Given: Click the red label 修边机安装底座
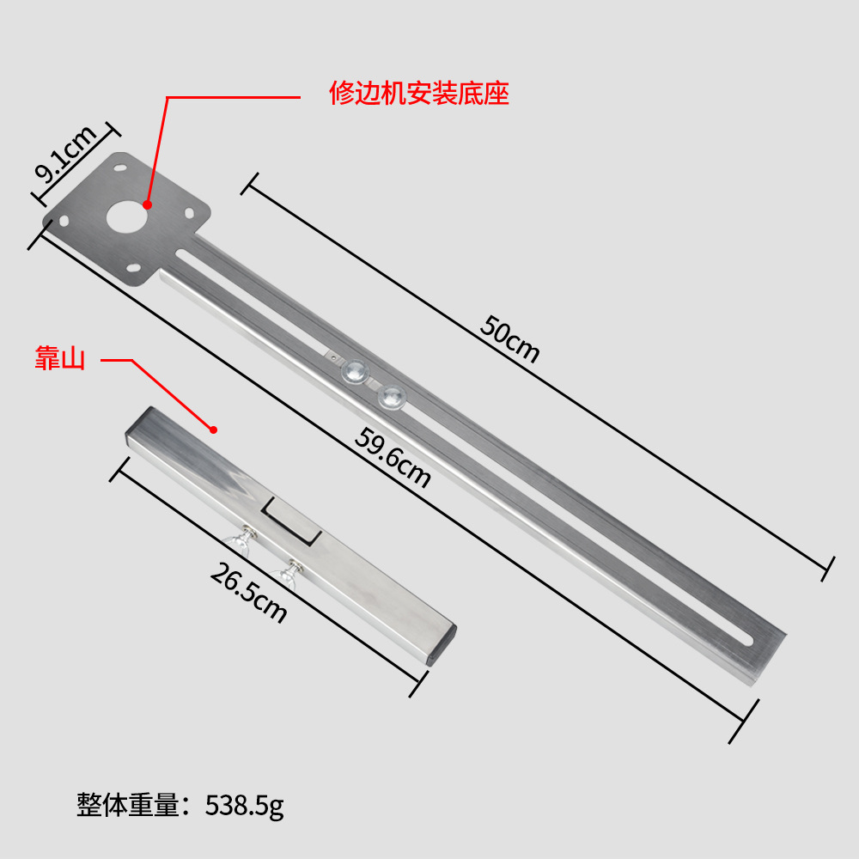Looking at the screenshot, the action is [419, 93].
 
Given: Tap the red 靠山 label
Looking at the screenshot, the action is [59, 359].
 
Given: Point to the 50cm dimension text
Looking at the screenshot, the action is [510, 338].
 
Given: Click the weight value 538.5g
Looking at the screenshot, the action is [244, 806].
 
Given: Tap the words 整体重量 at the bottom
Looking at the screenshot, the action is [129, 806].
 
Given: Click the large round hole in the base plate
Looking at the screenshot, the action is [126, 218].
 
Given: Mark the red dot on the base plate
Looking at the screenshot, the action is [147, 204].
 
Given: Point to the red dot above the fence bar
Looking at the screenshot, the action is [214, 429].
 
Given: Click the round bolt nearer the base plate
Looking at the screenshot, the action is [355, 371].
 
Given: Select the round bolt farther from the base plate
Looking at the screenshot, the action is [392, 396].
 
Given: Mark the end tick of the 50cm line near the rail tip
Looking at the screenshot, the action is [828, 567].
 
